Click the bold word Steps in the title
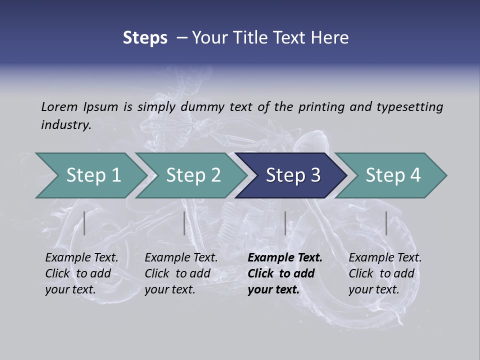point(145,38)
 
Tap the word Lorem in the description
point(59,106)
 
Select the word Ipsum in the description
point(100,106)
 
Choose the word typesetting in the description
point(409,106)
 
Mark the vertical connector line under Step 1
point(84,223)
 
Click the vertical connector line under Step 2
point(184,223)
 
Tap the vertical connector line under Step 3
point(285,223)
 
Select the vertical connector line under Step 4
point(386,223)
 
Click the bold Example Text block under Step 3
point(285,273)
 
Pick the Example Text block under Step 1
point(81,273)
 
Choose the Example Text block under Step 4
point(385,273)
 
